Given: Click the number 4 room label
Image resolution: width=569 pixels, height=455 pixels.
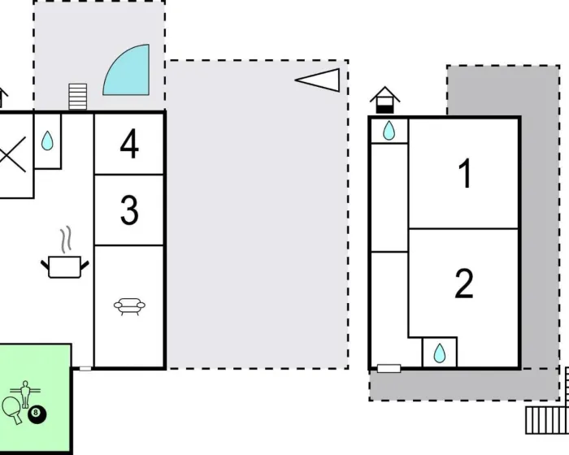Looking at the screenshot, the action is coord(129,144).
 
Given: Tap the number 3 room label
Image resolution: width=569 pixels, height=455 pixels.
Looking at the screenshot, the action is coord(129,210).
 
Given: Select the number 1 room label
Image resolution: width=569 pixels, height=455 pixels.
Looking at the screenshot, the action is coord(465,173).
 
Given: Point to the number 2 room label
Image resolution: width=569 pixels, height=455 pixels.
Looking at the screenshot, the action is coord(464,283).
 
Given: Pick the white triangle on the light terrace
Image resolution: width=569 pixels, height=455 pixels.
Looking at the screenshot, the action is coord(318,80).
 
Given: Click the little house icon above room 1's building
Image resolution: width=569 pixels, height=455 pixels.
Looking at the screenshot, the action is coord(385,100).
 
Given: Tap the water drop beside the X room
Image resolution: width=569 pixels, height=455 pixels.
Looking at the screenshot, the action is coord(47,141).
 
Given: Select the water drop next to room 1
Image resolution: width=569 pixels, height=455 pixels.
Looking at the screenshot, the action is coord(389,130).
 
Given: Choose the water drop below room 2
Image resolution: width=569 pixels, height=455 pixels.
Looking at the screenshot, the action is coord(440,353).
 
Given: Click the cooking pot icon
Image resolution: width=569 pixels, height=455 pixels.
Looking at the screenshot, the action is coord(64,266).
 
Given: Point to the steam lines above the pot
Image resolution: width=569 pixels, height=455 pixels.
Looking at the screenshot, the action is coord(66,240).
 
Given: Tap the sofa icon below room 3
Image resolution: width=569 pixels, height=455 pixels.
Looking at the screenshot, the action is coord(129,306).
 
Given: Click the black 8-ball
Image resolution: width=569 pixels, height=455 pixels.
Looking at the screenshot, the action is coord(37,414).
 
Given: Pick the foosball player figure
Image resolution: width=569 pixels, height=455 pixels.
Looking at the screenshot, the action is coord(25,394).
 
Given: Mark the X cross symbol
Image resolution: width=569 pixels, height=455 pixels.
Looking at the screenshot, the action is coord(13,154).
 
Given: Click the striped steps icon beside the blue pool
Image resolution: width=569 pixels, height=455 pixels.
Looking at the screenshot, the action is coord(78,97).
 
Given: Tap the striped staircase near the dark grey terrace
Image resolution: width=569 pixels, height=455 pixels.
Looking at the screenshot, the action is coord(547,420).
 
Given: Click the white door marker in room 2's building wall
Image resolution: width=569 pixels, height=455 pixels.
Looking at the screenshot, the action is coord(389,369).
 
